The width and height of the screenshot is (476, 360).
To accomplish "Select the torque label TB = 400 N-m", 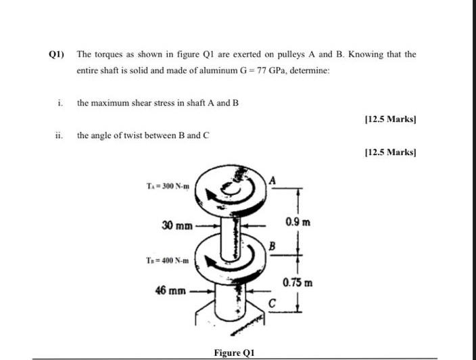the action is (166, 261).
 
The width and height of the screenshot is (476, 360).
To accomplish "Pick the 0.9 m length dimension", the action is (298, 222).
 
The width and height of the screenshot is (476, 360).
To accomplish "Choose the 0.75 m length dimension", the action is (298, 282).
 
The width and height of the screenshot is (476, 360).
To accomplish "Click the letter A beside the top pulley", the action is (272, 179).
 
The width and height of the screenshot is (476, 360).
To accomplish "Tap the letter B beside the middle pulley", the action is (272, 246).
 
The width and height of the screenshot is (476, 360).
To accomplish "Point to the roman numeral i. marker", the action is (61, 103).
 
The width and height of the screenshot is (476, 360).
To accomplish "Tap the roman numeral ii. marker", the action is (59, 135).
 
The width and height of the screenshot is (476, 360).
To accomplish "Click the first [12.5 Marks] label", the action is (389, 120).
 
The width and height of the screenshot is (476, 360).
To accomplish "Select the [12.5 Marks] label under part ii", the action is (389, 152).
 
